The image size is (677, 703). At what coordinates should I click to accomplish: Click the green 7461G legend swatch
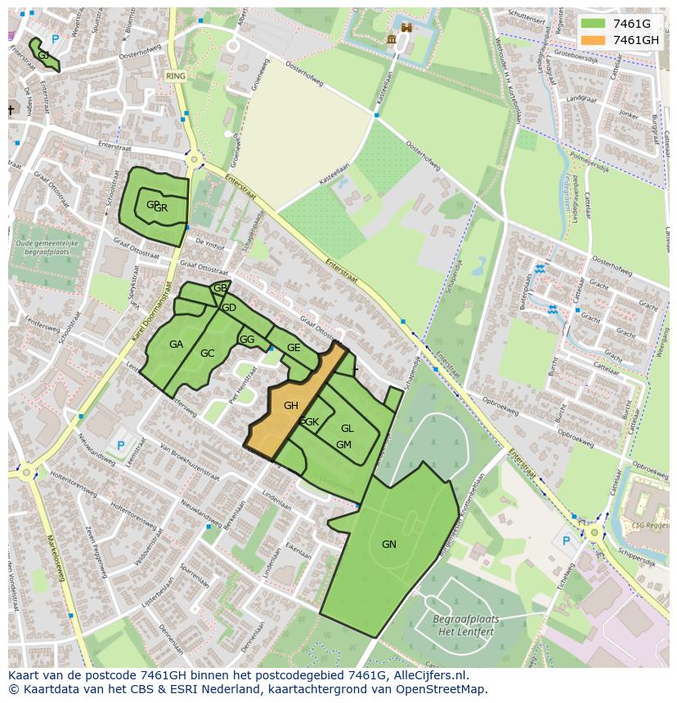tap(594, 24)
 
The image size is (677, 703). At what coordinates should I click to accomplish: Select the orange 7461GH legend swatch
tap(594, 40)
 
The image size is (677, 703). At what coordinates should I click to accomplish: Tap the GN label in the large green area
tap(389, 545)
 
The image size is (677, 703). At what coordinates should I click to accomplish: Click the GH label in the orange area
tap(291, 406)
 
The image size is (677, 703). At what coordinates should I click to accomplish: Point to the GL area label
tap(347, 429)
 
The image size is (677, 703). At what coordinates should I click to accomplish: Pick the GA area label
tap(176, 345)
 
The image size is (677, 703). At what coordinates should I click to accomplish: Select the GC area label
tap(208, 354)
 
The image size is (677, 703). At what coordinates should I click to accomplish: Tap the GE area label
tap(294, 348)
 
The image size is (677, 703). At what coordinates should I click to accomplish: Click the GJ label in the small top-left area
tap(43, 56)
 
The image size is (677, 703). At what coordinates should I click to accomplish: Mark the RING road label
tap(176, 76)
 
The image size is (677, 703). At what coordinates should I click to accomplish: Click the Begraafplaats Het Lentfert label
tap(465, 625)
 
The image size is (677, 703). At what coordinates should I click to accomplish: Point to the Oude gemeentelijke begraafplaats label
tap(46, 248)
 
